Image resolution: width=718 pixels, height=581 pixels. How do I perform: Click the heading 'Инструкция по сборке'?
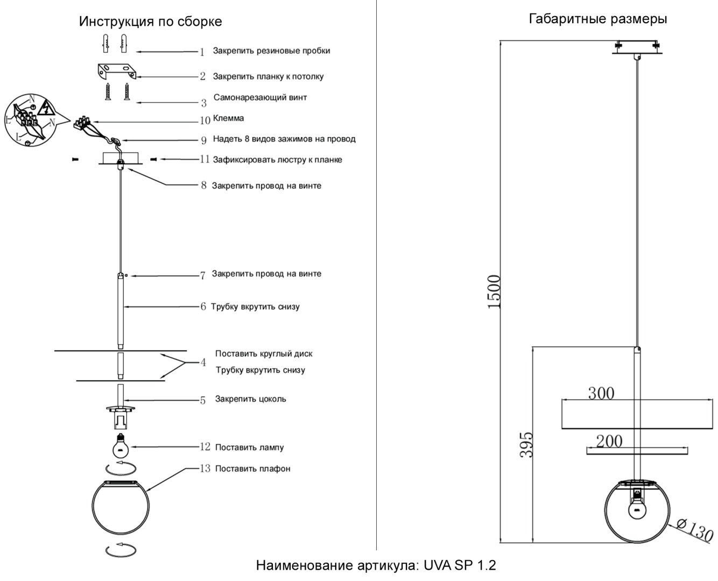(150, 22)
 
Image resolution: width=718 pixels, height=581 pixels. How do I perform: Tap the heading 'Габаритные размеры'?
(597, 19)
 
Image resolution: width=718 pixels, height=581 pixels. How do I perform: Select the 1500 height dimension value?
(495, 292)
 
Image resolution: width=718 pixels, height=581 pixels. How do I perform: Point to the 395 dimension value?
(526, 444)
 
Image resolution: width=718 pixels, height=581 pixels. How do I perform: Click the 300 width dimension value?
(601, 393)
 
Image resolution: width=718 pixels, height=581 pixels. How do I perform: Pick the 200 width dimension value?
(609, 441)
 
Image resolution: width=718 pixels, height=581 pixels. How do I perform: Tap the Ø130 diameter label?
(695, 531)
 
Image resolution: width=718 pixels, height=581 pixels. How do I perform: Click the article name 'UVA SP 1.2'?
(460, 565)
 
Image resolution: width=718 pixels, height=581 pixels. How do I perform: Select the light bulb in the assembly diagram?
(121, 445)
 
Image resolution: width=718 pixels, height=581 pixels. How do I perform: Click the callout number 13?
(205, 469)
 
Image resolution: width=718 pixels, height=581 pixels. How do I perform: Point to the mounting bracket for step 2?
(117, 71)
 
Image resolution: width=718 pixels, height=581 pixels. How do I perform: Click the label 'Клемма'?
(229, 118)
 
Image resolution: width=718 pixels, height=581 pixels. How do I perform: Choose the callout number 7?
(202, 276)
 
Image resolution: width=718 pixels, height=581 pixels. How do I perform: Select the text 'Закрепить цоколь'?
(250, 399)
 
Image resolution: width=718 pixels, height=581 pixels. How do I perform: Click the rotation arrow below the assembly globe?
(121, 551)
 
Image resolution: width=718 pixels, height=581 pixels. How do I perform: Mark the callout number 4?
(203, 363)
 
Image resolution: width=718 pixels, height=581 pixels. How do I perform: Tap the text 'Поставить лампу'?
(249, 447)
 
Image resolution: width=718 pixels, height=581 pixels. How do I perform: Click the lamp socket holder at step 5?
(121, 417)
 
